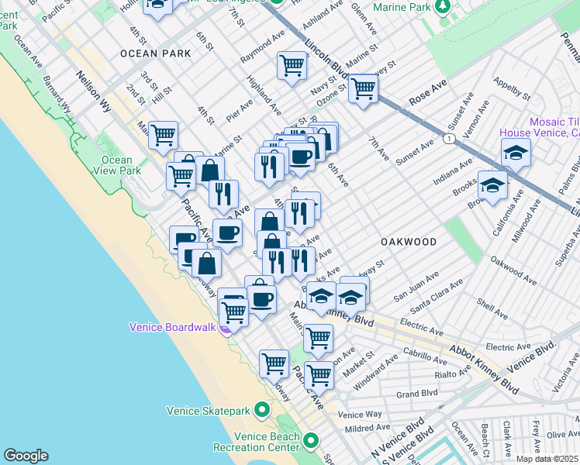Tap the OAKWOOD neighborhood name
(x=409, y=242)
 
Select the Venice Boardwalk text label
(x=171, y=327)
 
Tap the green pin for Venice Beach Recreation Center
(x=311, y=441)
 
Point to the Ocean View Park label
(x=116, y=165)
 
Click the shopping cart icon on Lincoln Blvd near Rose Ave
(x=362, y=88)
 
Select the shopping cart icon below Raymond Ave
(x=292, y=65)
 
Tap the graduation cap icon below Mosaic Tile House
(x=516, y=153)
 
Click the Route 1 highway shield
(x=449, y=138)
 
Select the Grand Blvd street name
(x=417, y=394)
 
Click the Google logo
(x=26, y=456)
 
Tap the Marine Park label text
(x=401, y=8)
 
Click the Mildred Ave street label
(x=368, y=428)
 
